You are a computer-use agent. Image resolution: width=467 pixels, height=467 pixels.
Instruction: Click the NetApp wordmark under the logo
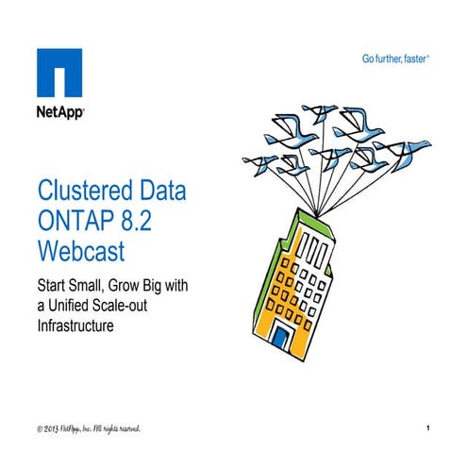coord(61,112)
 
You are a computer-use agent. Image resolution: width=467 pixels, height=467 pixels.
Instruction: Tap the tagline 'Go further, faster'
coord(396,58)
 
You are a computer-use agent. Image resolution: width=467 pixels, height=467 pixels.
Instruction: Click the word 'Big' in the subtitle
coord(164,282)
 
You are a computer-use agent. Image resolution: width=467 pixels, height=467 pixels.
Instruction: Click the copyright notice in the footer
coord(90,429)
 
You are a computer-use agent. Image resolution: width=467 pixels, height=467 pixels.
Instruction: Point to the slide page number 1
coord(428,429)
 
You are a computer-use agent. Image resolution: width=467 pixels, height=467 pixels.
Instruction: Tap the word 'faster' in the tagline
coord(414,58)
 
